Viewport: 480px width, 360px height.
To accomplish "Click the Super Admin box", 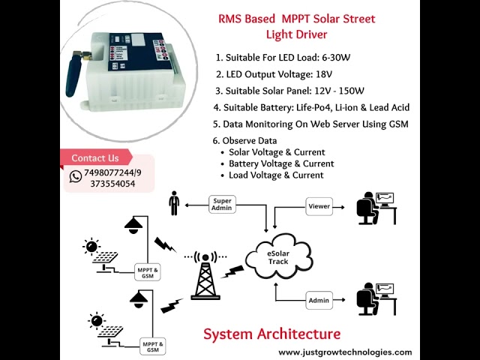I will point(223,204).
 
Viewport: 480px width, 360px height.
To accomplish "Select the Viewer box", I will point(319,205).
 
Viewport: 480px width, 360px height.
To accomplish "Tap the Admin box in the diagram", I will point(319,301).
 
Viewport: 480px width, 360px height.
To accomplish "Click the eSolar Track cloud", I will point(278,256).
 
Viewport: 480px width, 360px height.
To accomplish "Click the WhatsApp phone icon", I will point(76,177).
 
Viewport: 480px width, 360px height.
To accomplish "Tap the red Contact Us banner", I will point(95,158).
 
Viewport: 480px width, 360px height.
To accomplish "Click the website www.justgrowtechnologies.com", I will point(345,352).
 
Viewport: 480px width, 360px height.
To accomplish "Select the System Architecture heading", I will point(271,334).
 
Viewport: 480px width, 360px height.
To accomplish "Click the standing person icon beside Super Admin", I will point(174,204).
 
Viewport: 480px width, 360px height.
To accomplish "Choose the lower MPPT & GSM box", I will point(152,346).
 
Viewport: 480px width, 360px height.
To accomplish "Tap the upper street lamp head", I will point(136,223).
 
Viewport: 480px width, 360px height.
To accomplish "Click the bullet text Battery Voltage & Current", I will point(281,163).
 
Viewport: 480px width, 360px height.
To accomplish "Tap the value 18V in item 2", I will point(325,74).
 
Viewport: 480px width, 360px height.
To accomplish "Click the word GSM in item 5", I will point(396,124).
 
